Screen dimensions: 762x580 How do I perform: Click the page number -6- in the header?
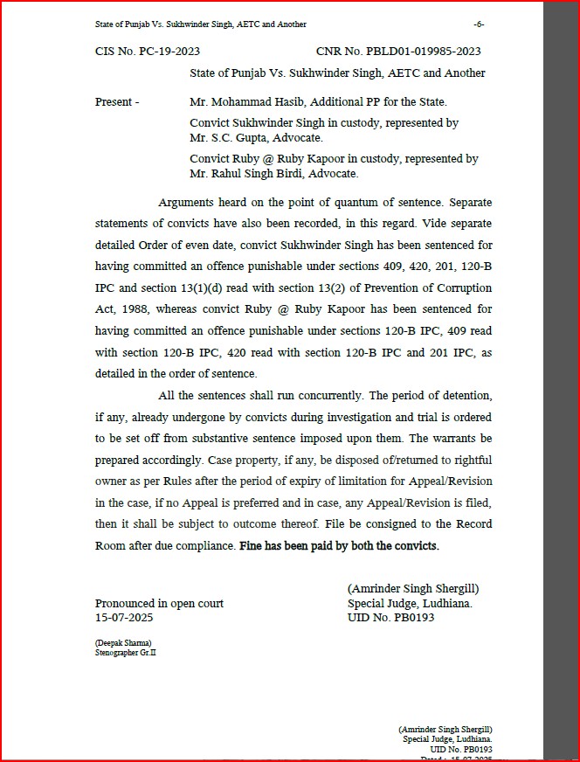[478, 24]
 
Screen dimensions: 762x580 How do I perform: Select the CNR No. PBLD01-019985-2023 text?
[398, 52]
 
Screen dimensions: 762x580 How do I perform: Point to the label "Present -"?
[117, 102]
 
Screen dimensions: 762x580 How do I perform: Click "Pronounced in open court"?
[159, 603]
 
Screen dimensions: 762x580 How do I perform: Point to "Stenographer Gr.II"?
[127, 652]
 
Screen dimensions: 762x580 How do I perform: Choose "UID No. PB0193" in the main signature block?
[390, 617]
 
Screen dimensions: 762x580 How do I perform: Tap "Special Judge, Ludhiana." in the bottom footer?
[448, 739]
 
